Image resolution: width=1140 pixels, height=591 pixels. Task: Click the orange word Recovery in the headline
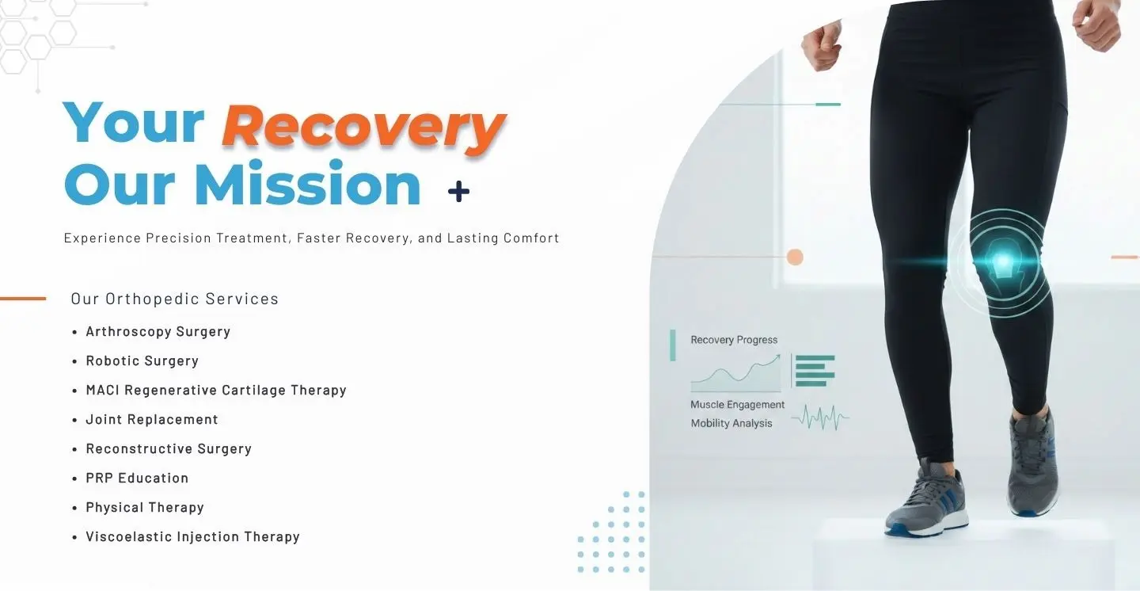pyautogui.click(x=363, y=128)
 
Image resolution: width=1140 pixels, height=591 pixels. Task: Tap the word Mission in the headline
pyautogui.click(x=307, y=183)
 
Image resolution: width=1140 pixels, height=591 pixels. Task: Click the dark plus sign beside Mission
pyautogui.click(x=458, y=192)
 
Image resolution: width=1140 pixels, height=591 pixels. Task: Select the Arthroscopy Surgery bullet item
pyautogui.click(x=158, y=332)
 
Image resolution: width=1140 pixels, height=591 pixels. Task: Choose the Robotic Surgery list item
pyautogui.click(x=142, y=360)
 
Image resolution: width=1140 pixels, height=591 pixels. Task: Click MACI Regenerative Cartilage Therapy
pyautogui.click(x=216, y=391)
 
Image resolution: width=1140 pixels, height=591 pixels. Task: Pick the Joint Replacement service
pyautogui.click(x=152, y=419)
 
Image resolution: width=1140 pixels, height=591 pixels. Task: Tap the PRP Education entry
pyautogui.click(x=137, y=478)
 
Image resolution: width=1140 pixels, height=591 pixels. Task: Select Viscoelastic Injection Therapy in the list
pyautogui.click(x=192, y=536)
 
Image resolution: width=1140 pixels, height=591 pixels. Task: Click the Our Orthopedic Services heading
pyautogui.click(x=174, y=299)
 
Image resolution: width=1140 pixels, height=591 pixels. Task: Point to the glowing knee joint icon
pyautogui.click(x=1001, y=263)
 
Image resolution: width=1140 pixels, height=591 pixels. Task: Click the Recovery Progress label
pyautogui.click(x=734, y=340)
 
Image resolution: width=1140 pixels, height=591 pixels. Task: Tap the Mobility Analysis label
pyautogui.click(x=731, y=423)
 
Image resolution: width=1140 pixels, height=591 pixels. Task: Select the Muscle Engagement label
pyautogui.click(x=738, y=405)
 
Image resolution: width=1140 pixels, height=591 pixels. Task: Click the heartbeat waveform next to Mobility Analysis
pyautogui.click(x=820, y=418)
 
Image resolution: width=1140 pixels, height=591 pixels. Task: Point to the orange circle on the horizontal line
pyautogui.click(x=795, y=257)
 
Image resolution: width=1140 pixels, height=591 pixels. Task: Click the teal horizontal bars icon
pyautogui.click(x=815, y=371)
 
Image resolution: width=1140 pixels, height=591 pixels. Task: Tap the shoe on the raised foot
pyautogui.click(x=1032, y=465)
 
